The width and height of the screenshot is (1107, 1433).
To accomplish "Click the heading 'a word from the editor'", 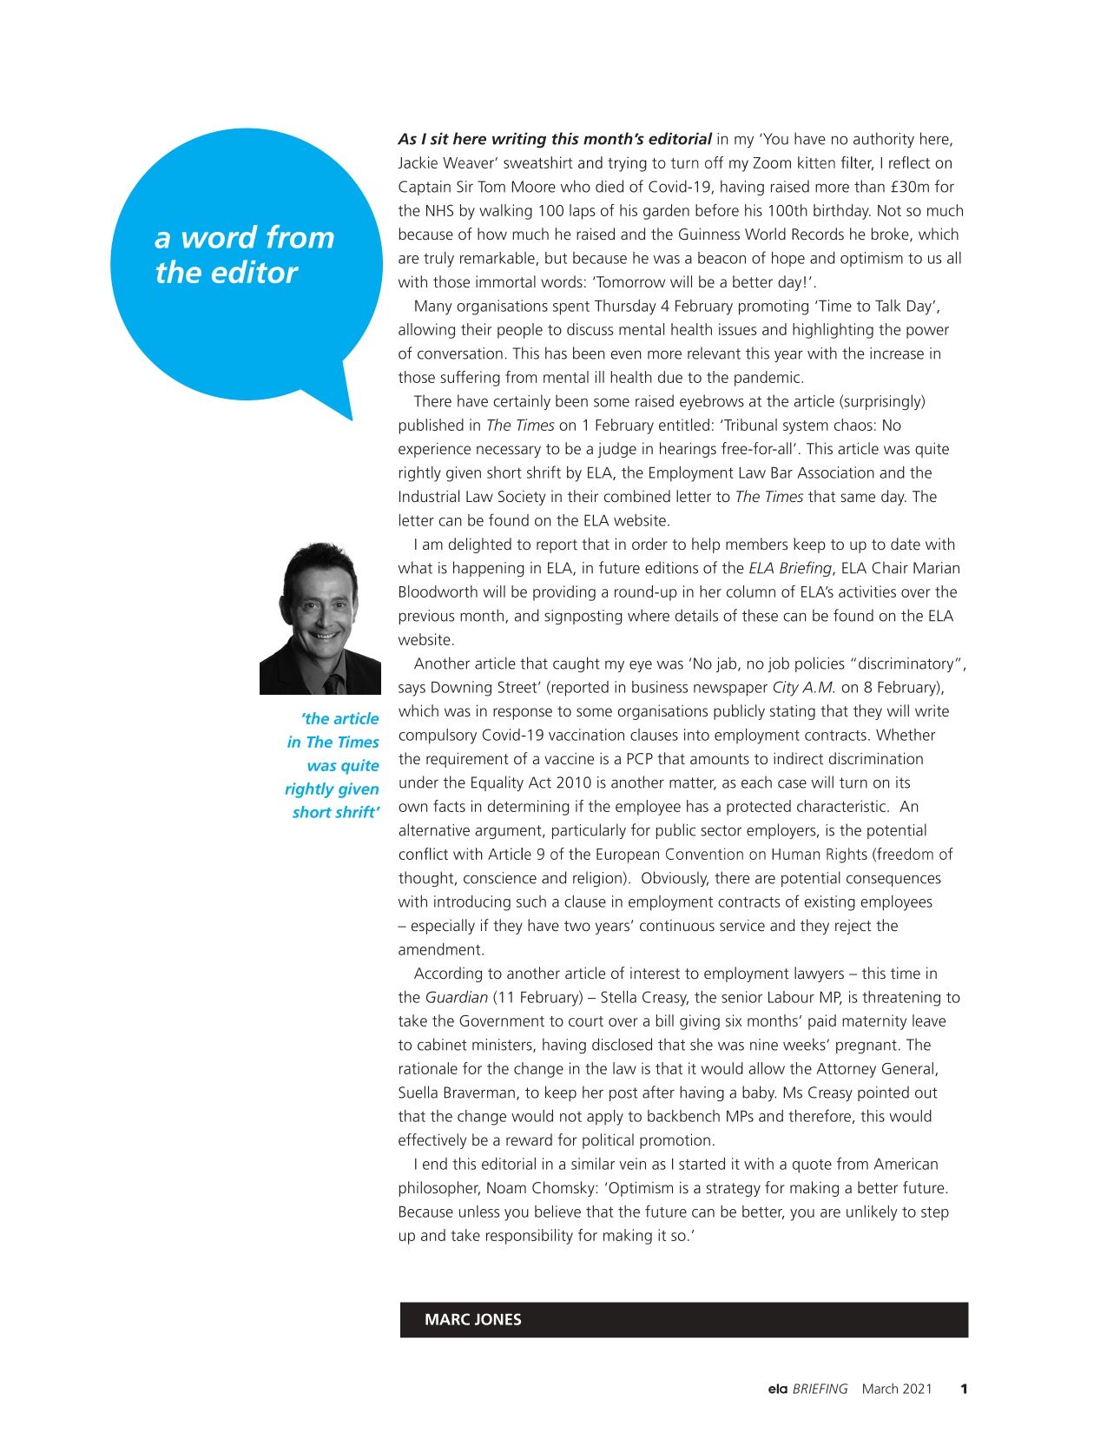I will [244, 254].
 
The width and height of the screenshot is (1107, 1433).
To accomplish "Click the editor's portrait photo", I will [320, 618].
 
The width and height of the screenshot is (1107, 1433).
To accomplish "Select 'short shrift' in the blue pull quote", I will [335, 813].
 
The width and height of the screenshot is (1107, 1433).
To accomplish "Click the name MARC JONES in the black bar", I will [472, 1319].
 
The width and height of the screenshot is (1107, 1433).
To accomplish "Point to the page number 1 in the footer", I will [964, 1389].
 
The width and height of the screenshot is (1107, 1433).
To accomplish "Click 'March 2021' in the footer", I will [896, 1389].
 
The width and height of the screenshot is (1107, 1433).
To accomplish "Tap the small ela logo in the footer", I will [777, 1389].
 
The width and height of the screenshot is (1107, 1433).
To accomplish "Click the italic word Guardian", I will [456, 998].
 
